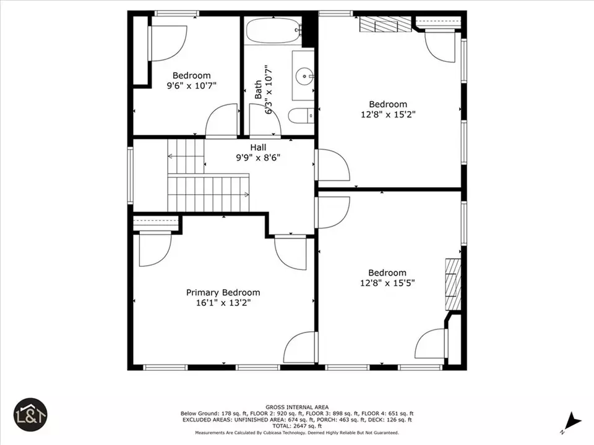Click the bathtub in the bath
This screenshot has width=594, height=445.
click(x=274, y=31)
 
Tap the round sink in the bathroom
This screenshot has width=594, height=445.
click(x=304, y=75)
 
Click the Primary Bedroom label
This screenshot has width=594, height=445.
click(x=223, y=292)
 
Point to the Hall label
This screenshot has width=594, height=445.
click(x=258, y=147)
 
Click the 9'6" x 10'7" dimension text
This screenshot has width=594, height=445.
click(x=192, y=85)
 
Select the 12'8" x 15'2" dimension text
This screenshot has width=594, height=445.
click(x=388, y=114)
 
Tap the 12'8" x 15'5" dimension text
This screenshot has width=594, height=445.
click(x=387, y=282)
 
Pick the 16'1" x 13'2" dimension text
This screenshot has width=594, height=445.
click(x=223, y=303)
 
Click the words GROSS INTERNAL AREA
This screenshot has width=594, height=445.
click(x=297, y=407)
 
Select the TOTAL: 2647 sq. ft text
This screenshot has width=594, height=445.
click(x=297, y=426)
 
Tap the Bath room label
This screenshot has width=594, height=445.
click(x=258, y=90)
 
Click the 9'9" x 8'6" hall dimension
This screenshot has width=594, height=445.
click(x=258, y=158)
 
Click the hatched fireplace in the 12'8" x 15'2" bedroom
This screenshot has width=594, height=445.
click(x=385, y=25)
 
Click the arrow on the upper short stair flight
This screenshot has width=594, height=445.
click(x=186, y=156)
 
